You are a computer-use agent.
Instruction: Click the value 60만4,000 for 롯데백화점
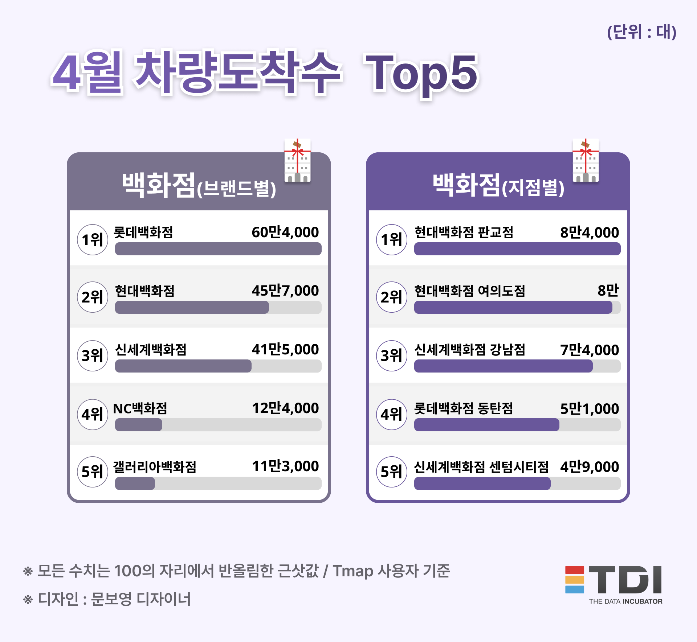tap(285, 232)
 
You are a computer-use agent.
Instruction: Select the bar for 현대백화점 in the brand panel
tap(192, 307)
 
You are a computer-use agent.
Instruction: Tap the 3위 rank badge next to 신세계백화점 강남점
tap(391, 356)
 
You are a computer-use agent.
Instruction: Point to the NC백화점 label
tap(140, 408)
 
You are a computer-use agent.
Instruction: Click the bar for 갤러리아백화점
tap(135, 483)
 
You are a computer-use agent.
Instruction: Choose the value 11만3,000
tap(285, 466)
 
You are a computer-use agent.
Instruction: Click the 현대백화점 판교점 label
tap(464, 232)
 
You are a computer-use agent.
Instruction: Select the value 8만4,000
tap(590, 232)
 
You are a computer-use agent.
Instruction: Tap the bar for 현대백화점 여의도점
tap(513, 307)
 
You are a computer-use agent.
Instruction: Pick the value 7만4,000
tap(590, 350)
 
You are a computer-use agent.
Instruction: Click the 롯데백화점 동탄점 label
tap(464, 409)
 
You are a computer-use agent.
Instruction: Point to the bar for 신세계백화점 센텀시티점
tap(482, 483)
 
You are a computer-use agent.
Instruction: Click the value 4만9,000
tap(590, 467)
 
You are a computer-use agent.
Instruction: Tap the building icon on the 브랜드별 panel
tap(297, 161)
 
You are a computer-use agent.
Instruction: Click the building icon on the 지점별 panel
tap(586, 161)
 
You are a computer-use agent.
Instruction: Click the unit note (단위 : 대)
tap(641, 32)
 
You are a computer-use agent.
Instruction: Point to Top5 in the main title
tap(421, 74)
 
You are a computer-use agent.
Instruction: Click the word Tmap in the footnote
tap(353, 571)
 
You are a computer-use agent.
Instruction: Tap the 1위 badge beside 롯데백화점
tap(93, 240)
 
